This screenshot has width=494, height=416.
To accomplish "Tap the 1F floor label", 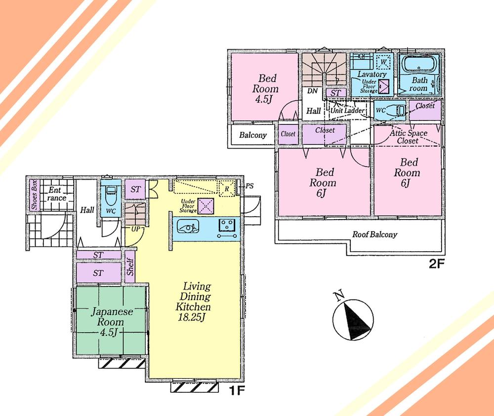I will click(238, 390).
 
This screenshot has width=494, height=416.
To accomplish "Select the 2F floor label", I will click(437, 263).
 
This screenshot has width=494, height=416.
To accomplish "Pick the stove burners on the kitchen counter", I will click(228, 228).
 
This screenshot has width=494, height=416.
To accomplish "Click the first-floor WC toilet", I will click(110, 198).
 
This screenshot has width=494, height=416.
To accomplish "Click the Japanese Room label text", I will click(111, 317).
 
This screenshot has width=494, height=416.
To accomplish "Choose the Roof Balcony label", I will click(375, 235).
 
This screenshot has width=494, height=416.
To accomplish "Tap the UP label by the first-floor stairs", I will click(134, 228).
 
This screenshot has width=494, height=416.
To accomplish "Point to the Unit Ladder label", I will click(348, 111).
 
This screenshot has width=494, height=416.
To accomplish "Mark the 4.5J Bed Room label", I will click(265, 89).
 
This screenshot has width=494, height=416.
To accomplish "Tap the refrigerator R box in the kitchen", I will click(226, 189).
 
